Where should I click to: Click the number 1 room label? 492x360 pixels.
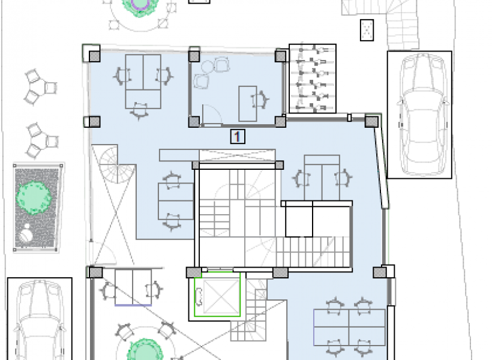238,137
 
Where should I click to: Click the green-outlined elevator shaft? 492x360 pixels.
217,295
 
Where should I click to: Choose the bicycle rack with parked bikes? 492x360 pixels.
313,79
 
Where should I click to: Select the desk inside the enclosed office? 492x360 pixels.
248,104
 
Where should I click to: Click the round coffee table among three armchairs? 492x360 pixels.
208,67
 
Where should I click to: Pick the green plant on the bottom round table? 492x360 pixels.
145,350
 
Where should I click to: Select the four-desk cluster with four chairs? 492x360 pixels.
349,327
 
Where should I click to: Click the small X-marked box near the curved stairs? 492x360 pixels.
367,30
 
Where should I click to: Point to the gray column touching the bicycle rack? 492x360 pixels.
280,56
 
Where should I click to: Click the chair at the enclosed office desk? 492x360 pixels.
260,100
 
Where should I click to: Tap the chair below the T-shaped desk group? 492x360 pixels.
140,111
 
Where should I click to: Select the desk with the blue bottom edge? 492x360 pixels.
133,287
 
